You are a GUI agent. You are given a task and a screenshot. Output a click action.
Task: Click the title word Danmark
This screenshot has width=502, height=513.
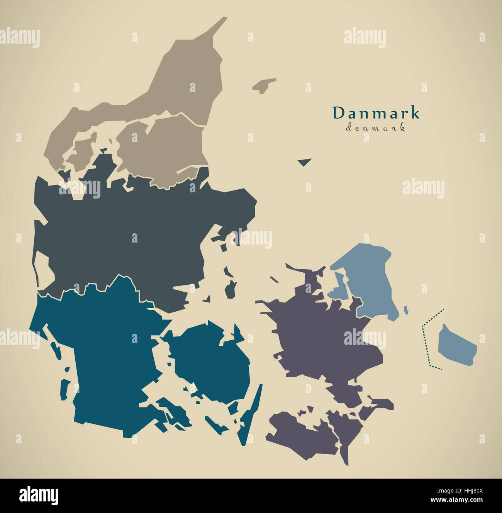[376, 113]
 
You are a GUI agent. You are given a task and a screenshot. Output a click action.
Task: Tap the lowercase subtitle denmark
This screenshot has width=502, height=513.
[375, 128]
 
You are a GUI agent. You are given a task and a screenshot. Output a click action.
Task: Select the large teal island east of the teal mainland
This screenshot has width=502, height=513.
[212, 359]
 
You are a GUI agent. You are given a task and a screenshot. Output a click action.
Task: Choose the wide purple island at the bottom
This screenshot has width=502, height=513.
[301, 435]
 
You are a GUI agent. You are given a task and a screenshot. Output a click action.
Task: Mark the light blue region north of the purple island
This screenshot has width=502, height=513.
[369, 278]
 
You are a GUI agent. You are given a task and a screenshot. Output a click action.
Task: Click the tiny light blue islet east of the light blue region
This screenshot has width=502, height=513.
[406, 310]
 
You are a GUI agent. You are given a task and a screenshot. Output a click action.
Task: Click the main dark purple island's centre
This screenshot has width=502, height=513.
[321, 336]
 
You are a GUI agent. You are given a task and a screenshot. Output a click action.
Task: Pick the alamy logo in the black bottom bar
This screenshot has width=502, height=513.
[39, 495]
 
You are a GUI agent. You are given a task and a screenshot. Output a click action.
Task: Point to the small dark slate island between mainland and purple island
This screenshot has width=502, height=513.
[231, 289]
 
